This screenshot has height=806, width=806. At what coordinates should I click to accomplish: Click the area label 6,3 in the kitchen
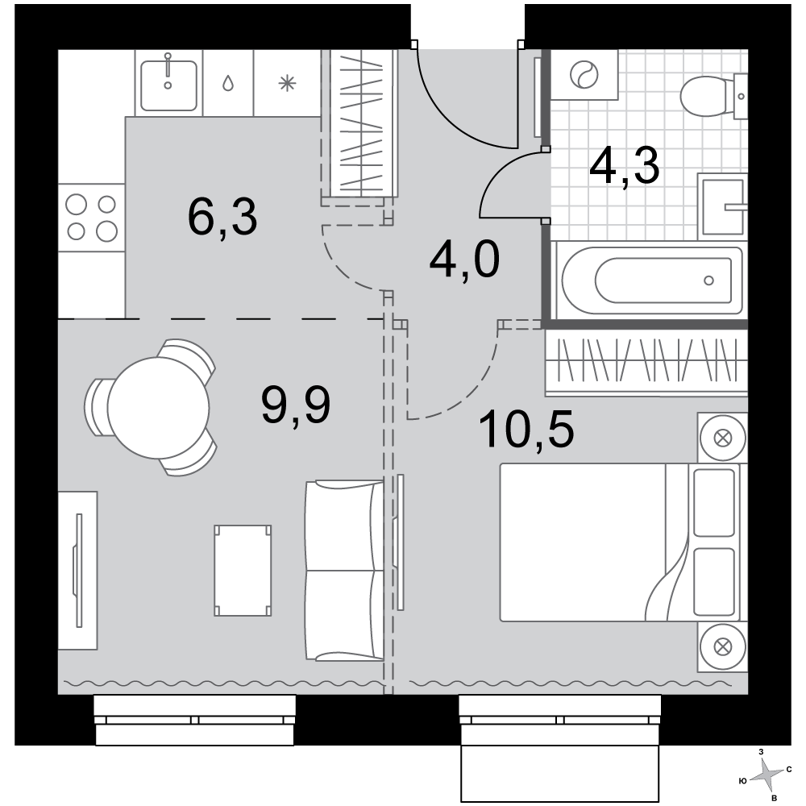click(222, 218)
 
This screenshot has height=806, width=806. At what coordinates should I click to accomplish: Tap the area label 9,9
click(296, 405)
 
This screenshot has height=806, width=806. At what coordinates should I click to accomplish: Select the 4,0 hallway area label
click(464, 260)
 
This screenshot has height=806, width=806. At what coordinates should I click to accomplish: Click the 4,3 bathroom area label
click(625, 165)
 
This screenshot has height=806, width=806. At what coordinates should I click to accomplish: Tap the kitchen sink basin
click(168, 85)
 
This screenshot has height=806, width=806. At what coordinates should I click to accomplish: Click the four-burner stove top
click(92, 218)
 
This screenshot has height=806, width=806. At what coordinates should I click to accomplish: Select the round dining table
click(158, 408)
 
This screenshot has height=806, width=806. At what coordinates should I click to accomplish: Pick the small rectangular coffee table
click(243, 570)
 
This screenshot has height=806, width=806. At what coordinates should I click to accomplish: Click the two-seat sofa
click(344, 570)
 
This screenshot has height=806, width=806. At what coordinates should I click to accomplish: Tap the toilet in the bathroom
click(713, 96)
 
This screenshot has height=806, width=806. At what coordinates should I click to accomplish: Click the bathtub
click(652, 280)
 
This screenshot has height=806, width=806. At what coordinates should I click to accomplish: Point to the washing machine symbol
click(584, 74)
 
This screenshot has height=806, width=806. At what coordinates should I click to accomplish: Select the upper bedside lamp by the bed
click(722, 438)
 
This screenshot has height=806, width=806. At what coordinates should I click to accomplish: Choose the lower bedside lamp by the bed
click(722, 646)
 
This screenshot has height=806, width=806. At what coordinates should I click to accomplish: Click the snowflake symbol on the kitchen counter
click(288, 83)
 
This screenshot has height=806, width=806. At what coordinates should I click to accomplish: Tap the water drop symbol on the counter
click(228, 83)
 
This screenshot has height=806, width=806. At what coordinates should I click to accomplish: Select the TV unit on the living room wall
click(77, 570)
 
